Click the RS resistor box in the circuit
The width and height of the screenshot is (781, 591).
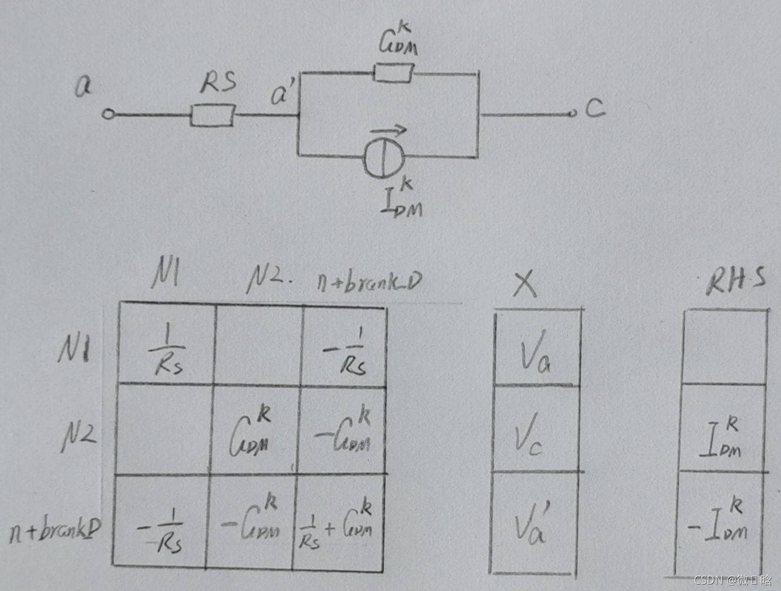(212, 115)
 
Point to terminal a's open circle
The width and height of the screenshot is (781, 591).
(108, 114)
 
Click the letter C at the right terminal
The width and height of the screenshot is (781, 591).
(595, 108)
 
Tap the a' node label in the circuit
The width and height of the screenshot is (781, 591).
(284, 94)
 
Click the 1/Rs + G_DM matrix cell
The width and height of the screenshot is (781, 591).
(336, 523)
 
